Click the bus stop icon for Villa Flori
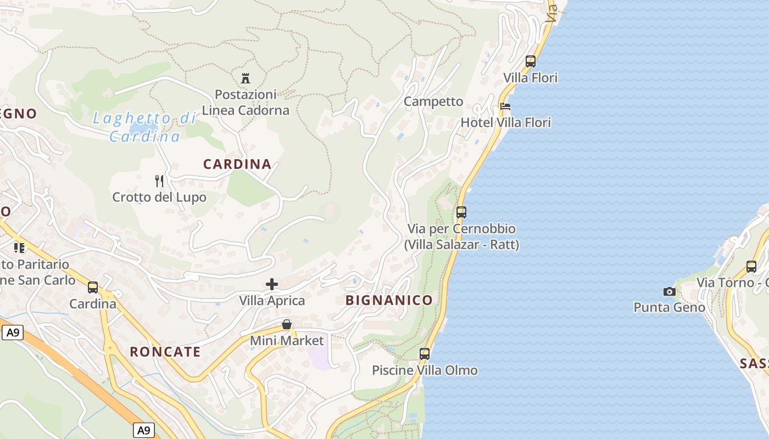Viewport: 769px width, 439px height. coord(530,61)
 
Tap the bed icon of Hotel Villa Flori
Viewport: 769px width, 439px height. coord(505,106)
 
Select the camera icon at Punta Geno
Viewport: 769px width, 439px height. coord(669,291)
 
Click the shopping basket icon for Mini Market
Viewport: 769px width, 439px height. coord(287,324)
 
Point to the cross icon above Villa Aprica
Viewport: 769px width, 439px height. coord(272,284)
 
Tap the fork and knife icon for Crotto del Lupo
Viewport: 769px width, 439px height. coord(159,181)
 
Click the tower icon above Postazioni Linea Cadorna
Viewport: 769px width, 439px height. coord(246,78)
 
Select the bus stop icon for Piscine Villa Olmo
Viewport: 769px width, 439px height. coord(425,354)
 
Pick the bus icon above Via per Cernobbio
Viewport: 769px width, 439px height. coord(461,212)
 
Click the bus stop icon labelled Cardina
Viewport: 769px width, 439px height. coord(93,287)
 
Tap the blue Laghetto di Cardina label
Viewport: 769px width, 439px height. coord(145,127)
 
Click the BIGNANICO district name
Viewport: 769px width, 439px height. coord(389,300)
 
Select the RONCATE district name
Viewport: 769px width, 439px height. coord(165,352)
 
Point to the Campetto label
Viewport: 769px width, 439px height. coord(433,102)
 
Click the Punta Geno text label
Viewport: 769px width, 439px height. coord(669,307)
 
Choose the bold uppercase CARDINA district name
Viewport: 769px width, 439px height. coord(237,164)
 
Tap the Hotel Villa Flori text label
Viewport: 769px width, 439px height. coord(505,122)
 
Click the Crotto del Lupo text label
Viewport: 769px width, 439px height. coord(159,197)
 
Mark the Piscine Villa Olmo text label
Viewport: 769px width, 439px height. coord(425,370)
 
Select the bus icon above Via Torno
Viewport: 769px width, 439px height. coord(751,267)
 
